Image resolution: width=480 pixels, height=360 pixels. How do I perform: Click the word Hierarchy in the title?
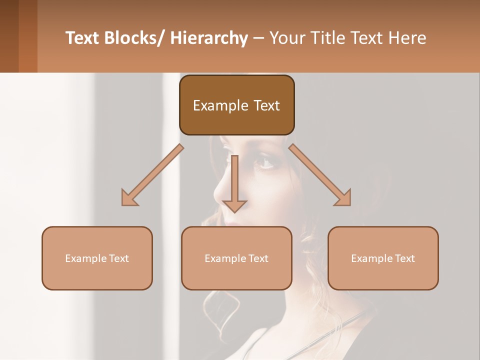click(x=209, y=38)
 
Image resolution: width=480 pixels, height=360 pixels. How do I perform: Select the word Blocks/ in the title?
click(x=136, y=38)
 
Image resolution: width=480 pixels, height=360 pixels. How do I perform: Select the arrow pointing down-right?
click(x=321, y=176)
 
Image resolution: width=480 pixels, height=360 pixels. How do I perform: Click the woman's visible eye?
click(x=264, y=162)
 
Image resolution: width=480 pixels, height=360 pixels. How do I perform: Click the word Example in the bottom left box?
click(x=85, y=258)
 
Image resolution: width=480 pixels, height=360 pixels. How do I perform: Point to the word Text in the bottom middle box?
click(x=257, y=258)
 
